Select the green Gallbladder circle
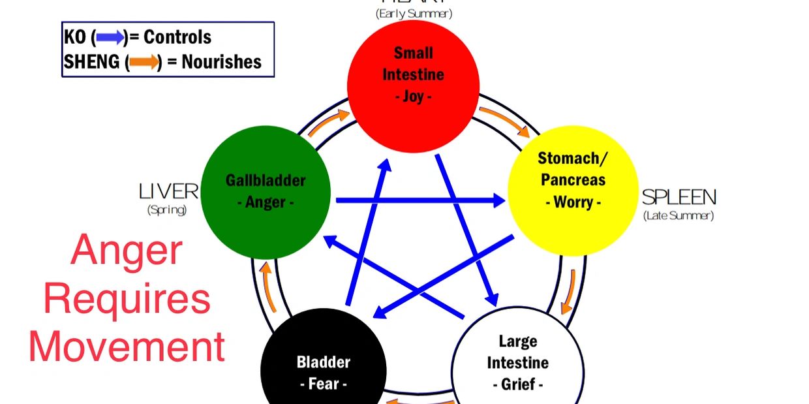[x=266, y=193]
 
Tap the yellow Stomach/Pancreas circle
[x=572, y=189]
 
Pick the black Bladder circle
[x=324, y=369]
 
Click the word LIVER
[x=168, y=191]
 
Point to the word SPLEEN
[x=679, y=197]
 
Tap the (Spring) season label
[x=167, y=210]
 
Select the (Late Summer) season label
[x=679, y=215]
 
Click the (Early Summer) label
[x=414, y=13]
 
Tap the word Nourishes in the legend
[x=221, y=62]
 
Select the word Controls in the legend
[x=177, y=37]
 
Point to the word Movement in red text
[x=127, y=347]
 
